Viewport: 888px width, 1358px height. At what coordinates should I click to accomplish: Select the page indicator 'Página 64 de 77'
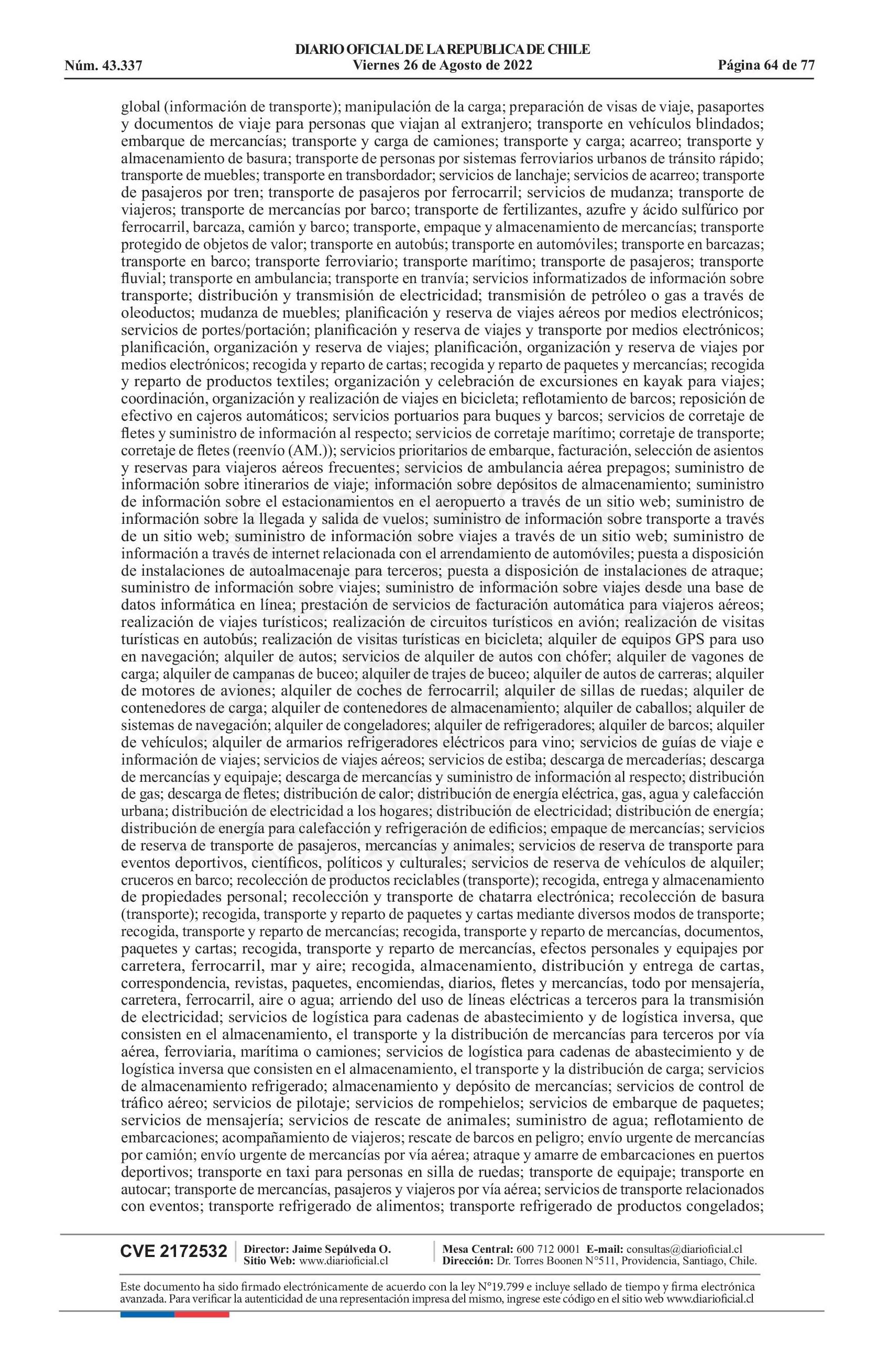tap(766, 65)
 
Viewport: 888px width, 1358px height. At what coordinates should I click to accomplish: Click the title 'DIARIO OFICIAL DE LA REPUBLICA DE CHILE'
tap(443, 50)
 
